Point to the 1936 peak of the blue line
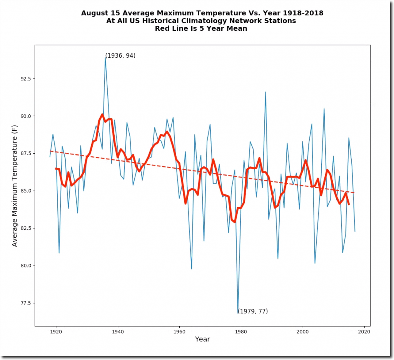[105, 57]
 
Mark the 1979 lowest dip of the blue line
[238, 313]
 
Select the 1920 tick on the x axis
[56, 331]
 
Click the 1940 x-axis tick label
[118, 331]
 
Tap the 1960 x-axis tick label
[179, 331]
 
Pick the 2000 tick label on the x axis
[303, 331]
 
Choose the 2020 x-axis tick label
[364, 331]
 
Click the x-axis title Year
[202, 339]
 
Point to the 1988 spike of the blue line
[265, 92]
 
